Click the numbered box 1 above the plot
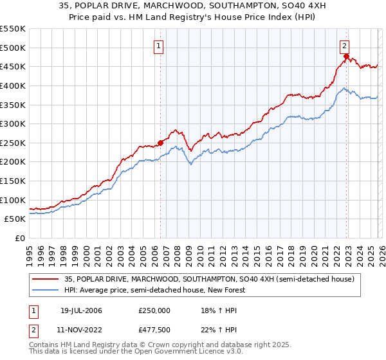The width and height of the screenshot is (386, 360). (x=158, y=46)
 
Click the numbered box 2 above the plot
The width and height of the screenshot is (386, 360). (x=345, y=46)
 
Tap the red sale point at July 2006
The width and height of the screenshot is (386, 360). (x=160, y=143)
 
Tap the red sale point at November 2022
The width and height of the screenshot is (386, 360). (x=346, y=57)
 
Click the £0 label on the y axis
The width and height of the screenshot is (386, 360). (x=20, y=238)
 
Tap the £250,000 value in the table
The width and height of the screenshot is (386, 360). (x=154, y=310)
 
